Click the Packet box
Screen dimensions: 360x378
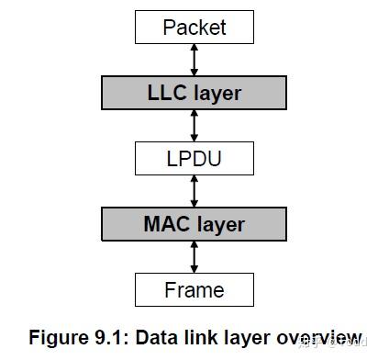pyautogui.click(x=194, y=27)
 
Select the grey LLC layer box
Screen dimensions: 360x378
pyautogui.click(x=194, y=92)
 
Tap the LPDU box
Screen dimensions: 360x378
pyautogui.click(x=194, y=158)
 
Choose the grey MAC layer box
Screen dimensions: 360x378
pyautogui.click(x=194, y=223)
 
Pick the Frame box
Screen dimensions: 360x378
pyautogui.click(x=194, y=289)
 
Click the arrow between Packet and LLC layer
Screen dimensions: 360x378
pyautogui.click(x=195, y=59)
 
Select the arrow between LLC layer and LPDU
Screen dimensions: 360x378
pyautogui.click(x=195, y=125)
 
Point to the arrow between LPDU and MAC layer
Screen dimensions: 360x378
pyautogui.click(x=195, y=190)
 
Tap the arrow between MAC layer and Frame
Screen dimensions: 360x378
pyautogui.click(x=195, y=256)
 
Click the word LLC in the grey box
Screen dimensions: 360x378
pyautogui.click(x=166, y=92)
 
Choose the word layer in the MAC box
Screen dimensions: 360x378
pyautogui.click(x=220, y=224)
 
